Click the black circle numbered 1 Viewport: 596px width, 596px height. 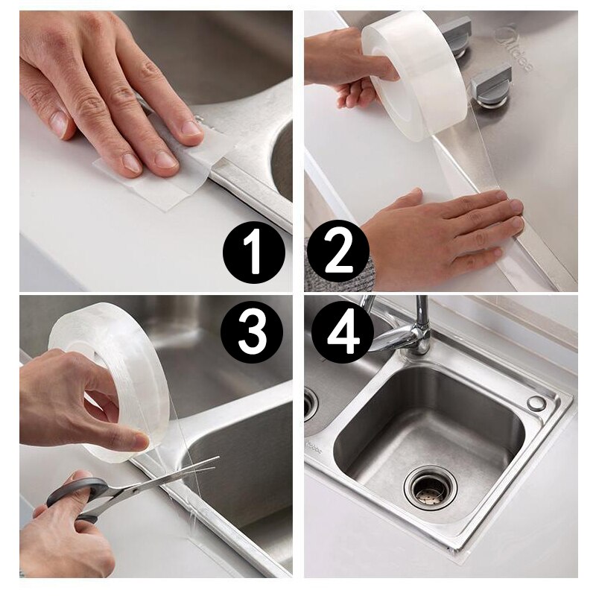click(x=254, y=252)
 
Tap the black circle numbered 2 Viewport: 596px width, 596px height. click(x=337, y=252)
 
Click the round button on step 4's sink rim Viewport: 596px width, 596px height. click(x=536, y=403)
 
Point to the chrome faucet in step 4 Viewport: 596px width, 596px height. click(x=406, y=328)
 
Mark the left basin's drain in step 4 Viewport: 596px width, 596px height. click(x=310, y=403)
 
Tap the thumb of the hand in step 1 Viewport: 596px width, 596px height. click(x=56, y=112)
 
